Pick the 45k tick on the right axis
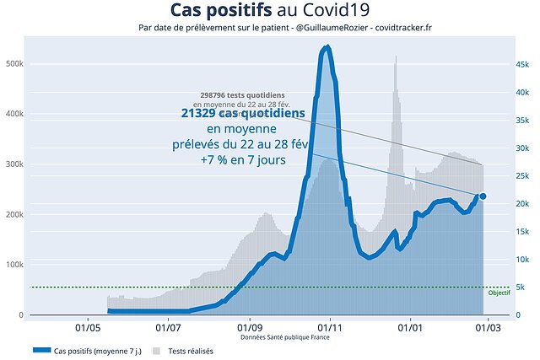click(x=523, y=64)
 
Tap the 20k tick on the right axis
click(x=523, y=203)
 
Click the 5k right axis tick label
click(x=521, y=287)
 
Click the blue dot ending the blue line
click(x=483, y=196)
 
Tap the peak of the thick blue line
click(x=327, y=48)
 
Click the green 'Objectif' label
click(x=499, y=293)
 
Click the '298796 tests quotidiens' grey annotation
click(x=242, y=95)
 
